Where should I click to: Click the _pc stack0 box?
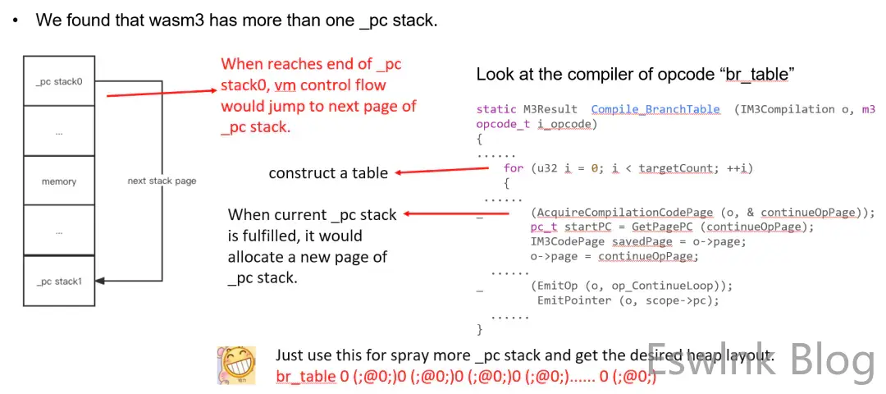(x=59, y=82)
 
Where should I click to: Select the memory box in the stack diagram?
(x=59, y=181)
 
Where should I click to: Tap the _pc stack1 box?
(x=59, y=282)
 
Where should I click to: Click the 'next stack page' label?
(x=162, y=181)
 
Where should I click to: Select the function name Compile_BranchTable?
(x=655, y=109)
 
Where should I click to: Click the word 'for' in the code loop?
(x=513, y=168)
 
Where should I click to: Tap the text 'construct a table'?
(x=328, y=174)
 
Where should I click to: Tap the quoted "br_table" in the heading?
(x=759, y=75)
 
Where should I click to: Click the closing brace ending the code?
(x=480, y=330)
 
